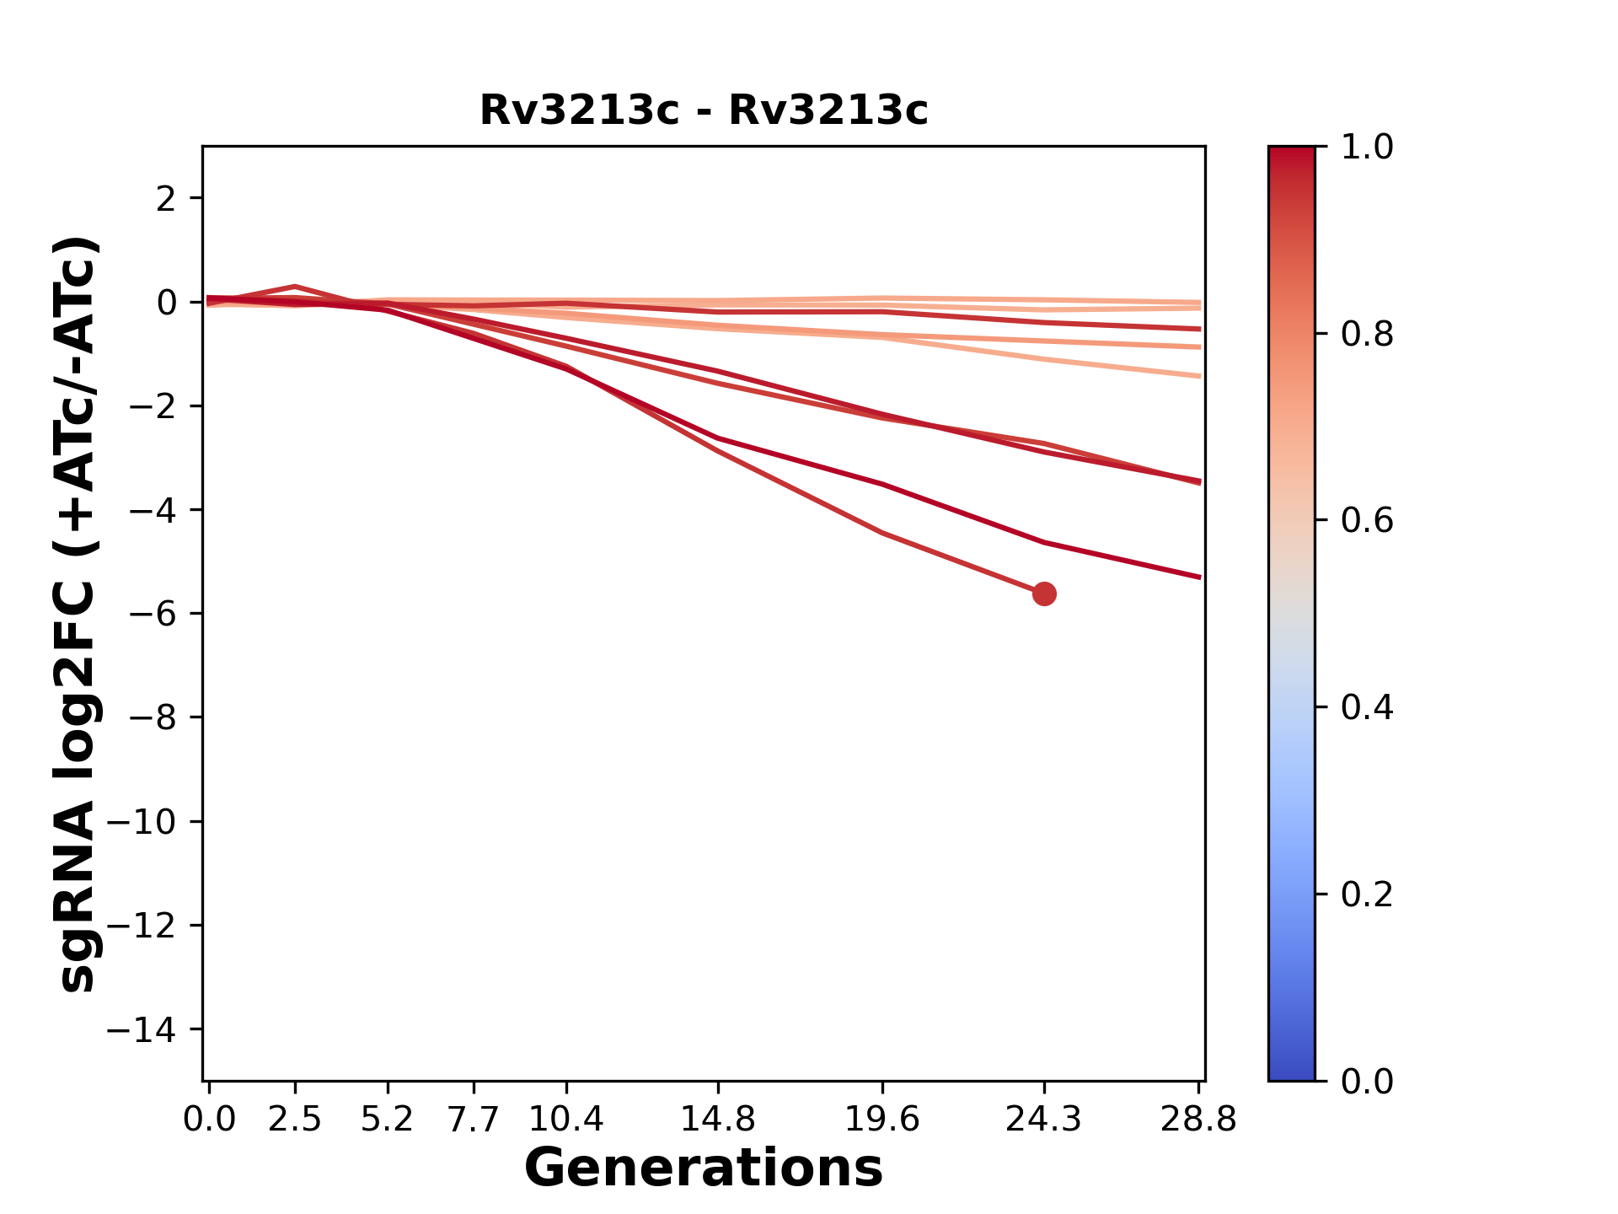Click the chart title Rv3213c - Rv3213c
(704, 110)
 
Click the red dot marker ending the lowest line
(1044, 594)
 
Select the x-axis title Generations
(704, 1168)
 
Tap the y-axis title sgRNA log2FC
(78, 614)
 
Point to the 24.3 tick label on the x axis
(1044, 1120)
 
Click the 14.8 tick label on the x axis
(717, 1120)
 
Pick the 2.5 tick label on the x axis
(295, 1120)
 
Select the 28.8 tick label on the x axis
(1198, 1120)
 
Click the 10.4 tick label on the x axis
(565, 1120)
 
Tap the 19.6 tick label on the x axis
(881, 1120)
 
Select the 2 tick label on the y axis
(166, 199)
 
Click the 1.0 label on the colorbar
(1367, 148)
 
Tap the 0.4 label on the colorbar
(1367, 707)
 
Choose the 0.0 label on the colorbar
(1367, 1081)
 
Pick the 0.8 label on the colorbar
(1367, 335)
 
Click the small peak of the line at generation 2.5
(295, 287)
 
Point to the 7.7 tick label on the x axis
(474, 1120)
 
